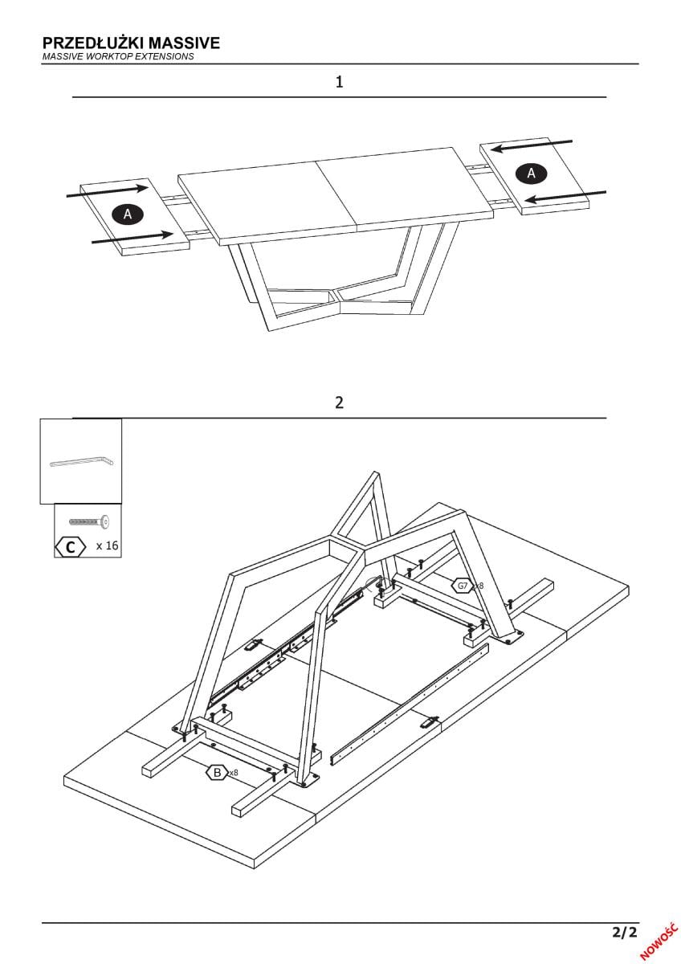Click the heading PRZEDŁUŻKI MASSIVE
click(130, 43)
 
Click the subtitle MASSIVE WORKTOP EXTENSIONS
click(118, 57)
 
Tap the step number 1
click(340, 82)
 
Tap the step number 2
click(340, 402)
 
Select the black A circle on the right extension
click(531, 172)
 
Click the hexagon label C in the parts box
click(71, 547)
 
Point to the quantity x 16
click(107, 546)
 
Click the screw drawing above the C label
click(89, 522)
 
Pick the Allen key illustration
click(82, 462)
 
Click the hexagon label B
click(216, 773)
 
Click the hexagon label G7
click(462, 586)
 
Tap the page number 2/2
click(624, 933)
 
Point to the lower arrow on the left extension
click(133, 237)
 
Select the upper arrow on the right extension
click(532, 145)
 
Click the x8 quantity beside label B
click(234, 773)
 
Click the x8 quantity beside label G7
click(479, 586)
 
